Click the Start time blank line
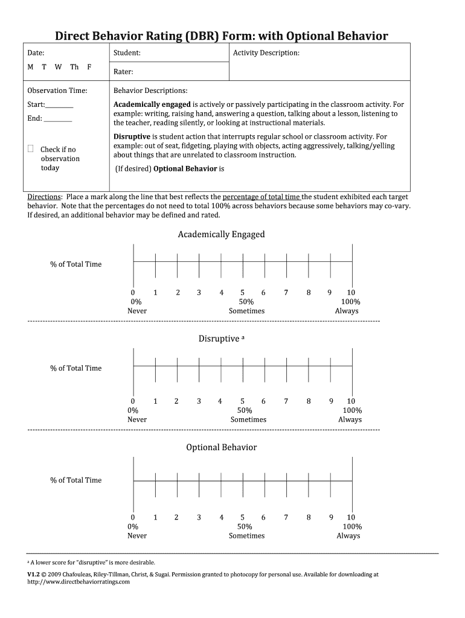coord(59,106)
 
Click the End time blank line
coord(58,119)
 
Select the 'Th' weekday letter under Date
coord(74,67)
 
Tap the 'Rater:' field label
coord(123,72)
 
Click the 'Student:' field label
coord(127,53)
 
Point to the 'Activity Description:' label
coord(266,53)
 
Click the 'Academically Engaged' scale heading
coord(221,234)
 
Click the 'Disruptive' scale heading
coord(219,339)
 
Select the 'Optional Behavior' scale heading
coord(221,447)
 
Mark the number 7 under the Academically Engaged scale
coord(286,293)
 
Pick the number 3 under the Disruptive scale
coord(198,401)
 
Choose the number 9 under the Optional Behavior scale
coord(331,517)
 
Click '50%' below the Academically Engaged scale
coord(246,302)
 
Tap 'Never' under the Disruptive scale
coord(137,419)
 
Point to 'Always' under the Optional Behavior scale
coord(348,536)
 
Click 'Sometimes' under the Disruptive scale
coord(248,419)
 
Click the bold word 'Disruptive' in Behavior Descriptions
coord(132,137)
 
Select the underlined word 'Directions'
coord(45,197)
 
